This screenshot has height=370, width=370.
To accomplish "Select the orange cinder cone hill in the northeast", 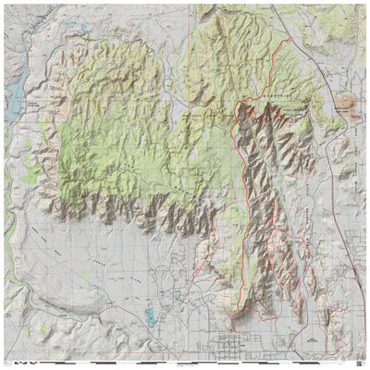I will point(348,105).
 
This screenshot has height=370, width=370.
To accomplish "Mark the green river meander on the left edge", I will point(7,222).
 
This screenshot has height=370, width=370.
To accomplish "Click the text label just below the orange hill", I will point(347,117).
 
